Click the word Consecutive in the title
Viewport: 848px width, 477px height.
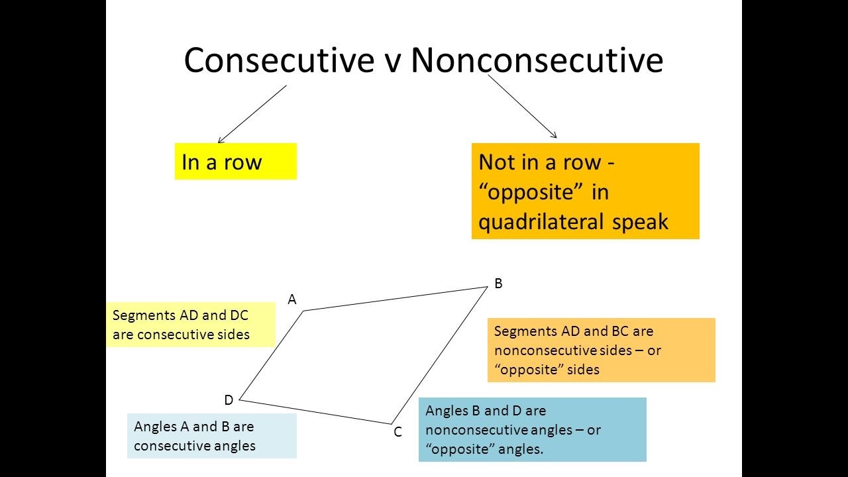click(279, 60)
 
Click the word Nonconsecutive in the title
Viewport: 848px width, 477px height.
click(537, 60)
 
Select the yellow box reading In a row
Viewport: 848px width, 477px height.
click(235, 162)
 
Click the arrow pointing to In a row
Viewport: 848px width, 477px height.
click(252, 113)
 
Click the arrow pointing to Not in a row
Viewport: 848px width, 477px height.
click(523, 106)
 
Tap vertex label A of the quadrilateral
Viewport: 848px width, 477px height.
click(291, 300)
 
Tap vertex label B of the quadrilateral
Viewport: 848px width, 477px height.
click(498, 284)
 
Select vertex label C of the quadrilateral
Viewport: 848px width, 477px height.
click(397, 432)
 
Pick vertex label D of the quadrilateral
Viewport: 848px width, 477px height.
click(229, 400)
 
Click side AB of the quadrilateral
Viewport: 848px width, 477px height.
click(396, 298)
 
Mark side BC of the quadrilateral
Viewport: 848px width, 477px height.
click(440, 355)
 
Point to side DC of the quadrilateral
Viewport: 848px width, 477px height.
click(315, 411)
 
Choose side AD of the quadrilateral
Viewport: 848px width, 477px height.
click(272, 355)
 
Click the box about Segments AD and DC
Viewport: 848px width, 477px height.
click(190, 325)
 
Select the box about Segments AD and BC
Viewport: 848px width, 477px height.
click(601, 350)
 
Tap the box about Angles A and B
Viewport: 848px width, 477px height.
click(211, 436)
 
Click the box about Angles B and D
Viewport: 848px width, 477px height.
click(532, 429)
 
